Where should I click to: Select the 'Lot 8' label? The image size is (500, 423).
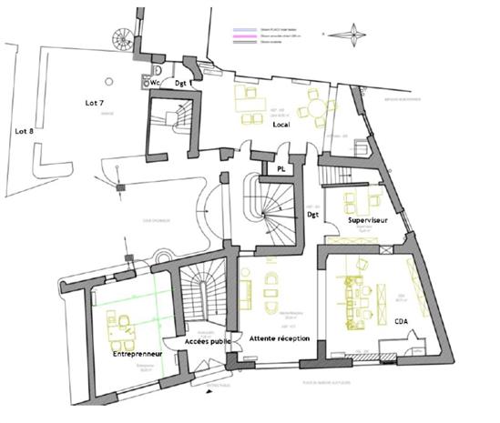click(x=26, y=131)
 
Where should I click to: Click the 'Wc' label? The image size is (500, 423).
click(x=156, y=82)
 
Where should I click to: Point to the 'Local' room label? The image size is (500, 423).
click(x=281, y=124)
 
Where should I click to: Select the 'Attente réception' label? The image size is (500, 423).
click(x=280, y=337)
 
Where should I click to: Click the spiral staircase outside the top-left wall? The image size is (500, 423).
click(x=121, y=39)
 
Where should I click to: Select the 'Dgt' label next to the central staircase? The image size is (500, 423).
click(x=312, y=215)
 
